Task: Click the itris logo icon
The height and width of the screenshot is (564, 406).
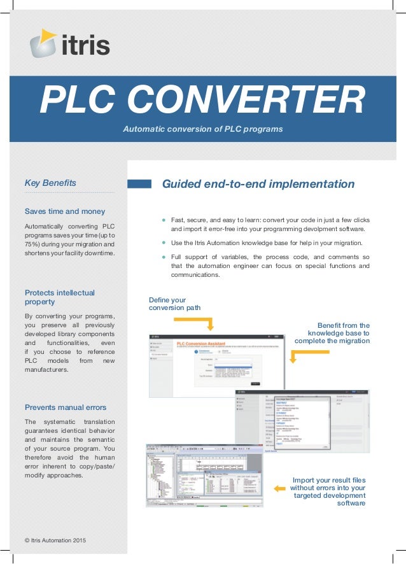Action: point(45,43)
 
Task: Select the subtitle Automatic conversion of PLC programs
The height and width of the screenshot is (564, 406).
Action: point(202,129)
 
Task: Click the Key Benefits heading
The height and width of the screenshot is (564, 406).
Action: point(50,183)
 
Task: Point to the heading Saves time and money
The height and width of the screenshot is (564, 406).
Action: point(65,211)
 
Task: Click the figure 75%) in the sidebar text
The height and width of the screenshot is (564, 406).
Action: point(33,245)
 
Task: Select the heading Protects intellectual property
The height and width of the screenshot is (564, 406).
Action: point(59,297)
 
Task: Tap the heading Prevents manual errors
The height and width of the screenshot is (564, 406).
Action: point(66,407)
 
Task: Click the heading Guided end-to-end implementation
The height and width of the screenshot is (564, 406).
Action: point(258,184)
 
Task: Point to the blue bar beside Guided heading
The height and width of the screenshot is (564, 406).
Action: point(139,184)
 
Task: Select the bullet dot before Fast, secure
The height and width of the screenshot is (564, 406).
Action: point(164,219)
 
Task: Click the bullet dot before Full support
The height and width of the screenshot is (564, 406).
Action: point(164,257)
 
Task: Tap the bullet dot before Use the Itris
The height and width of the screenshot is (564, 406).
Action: point(164,243)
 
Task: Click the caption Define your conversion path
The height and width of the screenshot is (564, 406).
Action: point(174,304)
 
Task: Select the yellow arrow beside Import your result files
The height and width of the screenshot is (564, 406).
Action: point(280,488)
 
